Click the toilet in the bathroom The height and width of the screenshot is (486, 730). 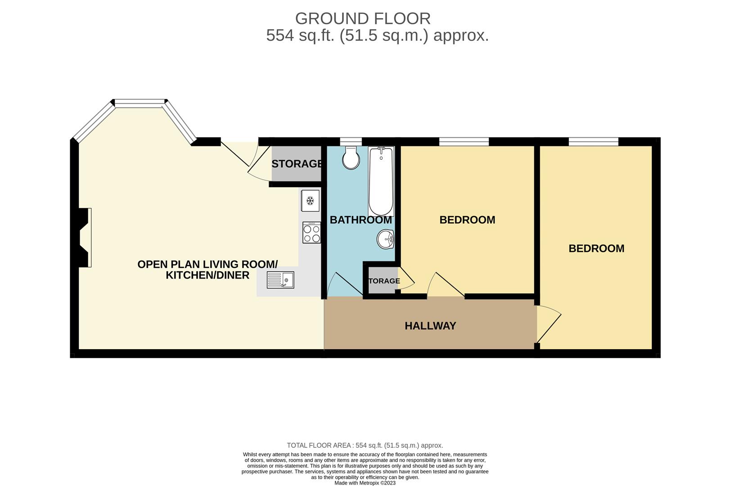click(351, 158)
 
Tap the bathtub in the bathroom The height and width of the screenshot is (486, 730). click(381, 182)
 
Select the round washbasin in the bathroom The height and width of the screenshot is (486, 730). click(385, 239)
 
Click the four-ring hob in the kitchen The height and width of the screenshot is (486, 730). click(311, 233)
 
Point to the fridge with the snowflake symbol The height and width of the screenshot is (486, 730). click(310, 201)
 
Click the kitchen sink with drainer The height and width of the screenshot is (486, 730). click(280, 280)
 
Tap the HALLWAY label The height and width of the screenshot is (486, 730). click(430, 326)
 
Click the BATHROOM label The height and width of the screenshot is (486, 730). click(360, 220)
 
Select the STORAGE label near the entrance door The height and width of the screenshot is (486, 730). click(297, 164)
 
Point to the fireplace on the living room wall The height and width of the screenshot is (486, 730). click(85, 238)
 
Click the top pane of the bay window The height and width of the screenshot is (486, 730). click(140, 103)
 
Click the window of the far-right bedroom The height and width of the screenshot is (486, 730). click(593, 142)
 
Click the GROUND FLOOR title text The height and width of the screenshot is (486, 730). click(363, 18)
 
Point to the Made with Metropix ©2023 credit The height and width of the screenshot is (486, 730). click(365, 483)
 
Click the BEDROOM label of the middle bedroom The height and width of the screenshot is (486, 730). click(467, 220)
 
